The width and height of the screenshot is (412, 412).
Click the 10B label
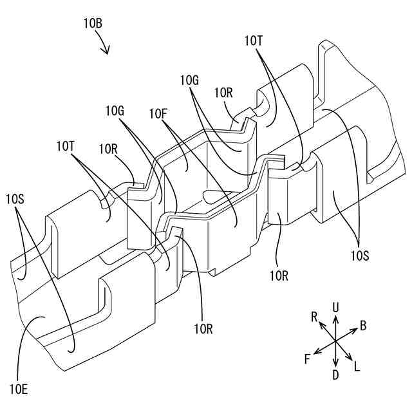tap(93, 24)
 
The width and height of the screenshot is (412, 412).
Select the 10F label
tap(159, 113)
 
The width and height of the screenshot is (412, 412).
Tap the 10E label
tap(18, 389)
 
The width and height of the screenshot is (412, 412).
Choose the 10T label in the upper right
tap(254, 41)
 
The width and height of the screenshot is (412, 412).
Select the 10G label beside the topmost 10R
tap(189, 80)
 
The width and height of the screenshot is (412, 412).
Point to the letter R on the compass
tap(314, 316)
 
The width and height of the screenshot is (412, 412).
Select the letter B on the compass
tap(363, 326)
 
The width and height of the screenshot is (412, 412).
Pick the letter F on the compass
tap(307, 359)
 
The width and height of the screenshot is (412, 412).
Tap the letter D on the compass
tap(335, 375)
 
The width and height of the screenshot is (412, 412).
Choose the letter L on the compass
tap(357, 366)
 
